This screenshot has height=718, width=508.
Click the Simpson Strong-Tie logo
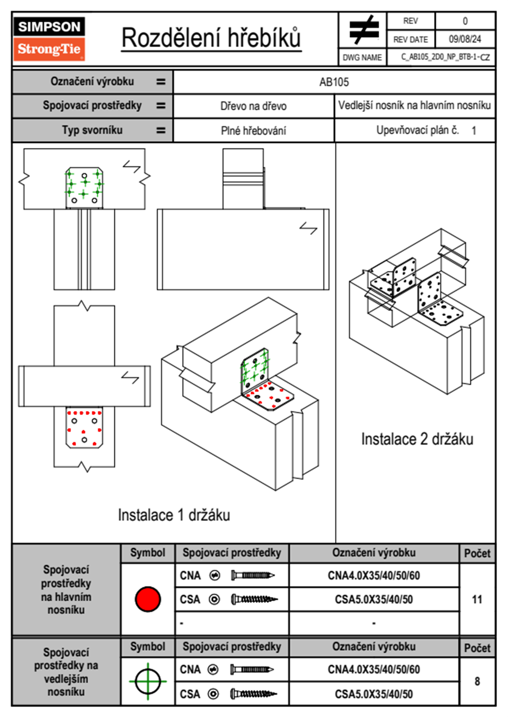tap(49, 39)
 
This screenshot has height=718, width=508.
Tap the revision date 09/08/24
tap(464, 39)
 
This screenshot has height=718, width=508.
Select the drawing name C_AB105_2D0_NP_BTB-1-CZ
tap(445, 57)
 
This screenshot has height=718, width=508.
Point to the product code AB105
tap(334, 82)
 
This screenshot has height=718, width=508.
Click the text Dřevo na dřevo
tap(253, 106)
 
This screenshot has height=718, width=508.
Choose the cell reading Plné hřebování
tap(253, 131)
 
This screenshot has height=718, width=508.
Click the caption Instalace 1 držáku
tap(174, 515)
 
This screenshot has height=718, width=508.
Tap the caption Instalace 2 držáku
tap(417, 439)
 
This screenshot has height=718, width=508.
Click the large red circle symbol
tap(148, 599)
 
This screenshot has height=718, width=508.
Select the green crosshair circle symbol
tap(148, 681)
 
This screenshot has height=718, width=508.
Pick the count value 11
tap(477, 599)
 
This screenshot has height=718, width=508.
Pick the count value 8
tap(477, 681)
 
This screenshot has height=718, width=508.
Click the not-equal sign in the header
tap(363, 30)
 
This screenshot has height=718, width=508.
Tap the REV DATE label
tap(410, 40)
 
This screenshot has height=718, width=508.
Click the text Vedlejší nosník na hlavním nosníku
tap(414, 105)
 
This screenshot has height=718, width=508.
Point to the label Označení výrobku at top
tap(92, 82)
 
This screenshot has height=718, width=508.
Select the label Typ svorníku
tap(92, 130)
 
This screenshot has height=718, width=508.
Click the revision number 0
tap(465, 21)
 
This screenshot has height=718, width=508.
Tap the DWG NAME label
tap(362, 58)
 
